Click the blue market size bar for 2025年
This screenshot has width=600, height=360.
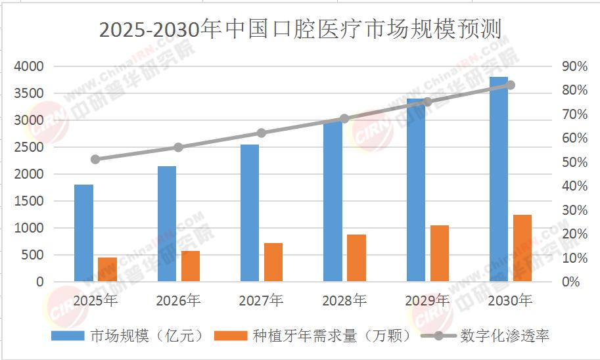[x=83, y=233]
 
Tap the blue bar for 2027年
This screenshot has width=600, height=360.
[x=250, y=213]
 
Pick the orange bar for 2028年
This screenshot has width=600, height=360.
[x=356, y=258]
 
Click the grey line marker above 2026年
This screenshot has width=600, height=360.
[x=178, y=147]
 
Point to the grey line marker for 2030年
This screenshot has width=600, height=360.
[x=511, y=85]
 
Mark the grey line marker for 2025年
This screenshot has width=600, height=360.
[x=95, y=159]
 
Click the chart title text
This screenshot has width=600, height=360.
[x=300, y=30]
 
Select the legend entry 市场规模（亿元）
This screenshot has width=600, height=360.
[x=132, y=336]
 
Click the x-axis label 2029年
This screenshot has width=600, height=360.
[x=427, y=301]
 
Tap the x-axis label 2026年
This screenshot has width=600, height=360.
[x=178, y=301]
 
